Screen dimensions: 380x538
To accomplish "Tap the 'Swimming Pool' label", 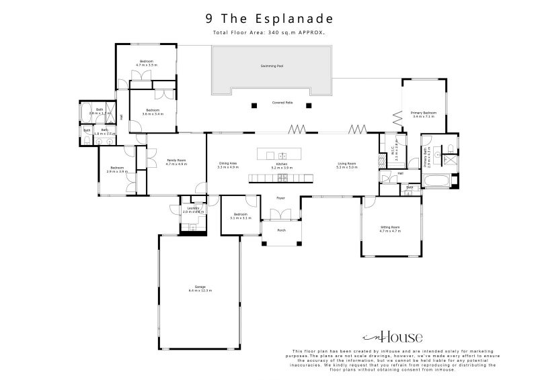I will point(272,66).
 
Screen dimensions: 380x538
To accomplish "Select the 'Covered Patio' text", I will point(282,103).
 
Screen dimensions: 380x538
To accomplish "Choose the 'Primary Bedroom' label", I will point(424,113).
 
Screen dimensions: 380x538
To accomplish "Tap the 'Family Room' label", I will point(176,160).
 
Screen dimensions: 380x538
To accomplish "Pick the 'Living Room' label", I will point(347,163).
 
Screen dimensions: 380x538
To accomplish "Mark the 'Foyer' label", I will point(281,198).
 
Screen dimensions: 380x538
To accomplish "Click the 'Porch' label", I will point(281,230).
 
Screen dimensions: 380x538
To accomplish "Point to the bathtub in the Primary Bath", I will point(438,180).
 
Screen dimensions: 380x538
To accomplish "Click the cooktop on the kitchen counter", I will point(283,178).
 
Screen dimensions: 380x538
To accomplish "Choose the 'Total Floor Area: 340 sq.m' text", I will point(269,32).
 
